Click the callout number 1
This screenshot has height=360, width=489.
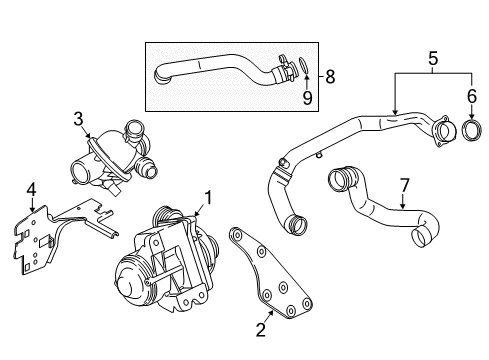tap(208, 198)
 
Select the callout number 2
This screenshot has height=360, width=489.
tap(261, 329)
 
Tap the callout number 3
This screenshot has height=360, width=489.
tap(78, 119)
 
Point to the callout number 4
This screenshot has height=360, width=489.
tap(31, 190)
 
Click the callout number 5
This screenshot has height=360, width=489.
tap(433, 58)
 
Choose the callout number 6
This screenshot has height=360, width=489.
tap(472, 96)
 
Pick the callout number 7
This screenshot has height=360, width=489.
tap(404, 185)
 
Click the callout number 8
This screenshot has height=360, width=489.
tap(330, 77)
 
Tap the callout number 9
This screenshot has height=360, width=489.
tap(307, 98)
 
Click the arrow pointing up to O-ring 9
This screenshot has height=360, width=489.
tap(307, 82)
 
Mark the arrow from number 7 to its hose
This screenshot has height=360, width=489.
tap(403, 201)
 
